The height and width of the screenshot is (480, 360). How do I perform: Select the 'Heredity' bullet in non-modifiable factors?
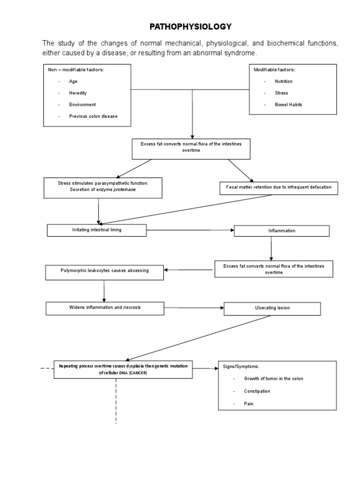(x=78, y=93)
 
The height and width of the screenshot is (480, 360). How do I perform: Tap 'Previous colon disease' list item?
(x=93, y=116)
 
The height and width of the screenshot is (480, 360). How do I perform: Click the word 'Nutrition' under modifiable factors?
(x=284, y=81)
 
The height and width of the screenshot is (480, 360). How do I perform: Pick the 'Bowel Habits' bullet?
(x=288, y=105)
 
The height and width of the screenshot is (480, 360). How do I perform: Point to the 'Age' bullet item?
(x=74, y=81)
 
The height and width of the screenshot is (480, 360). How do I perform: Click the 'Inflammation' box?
(x=282, y=231)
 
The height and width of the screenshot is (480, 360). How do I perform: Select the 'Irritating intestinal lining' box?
(x=97, y=230)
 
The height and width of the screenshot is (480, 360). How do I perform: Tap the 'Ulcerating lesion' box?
(x=272, y=308)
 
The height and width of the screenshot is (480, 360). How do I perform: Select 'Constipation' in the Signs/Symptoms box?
(x=257, y=391)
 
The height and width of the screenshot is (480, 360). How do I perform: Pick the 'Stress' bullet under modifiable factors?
(x=281, y=93)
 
